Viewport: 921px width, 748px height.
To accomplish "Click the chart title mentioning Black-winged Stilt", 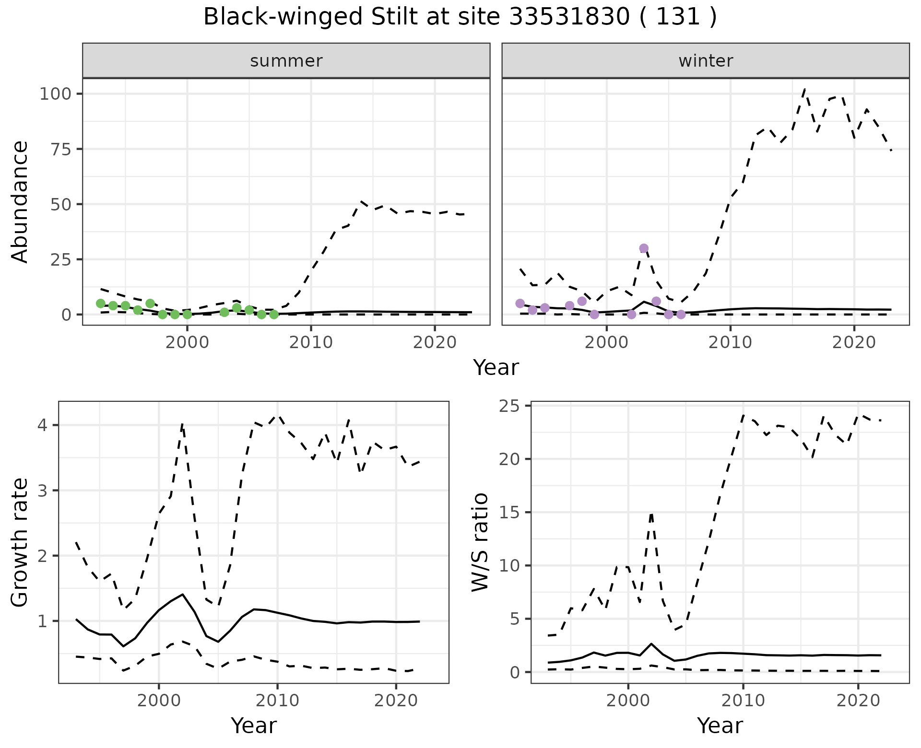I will pyautogui.click(x=460, y=17).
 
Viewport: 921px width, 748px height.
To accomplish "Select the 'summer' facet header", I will pyautogui.click(x=286, y=61).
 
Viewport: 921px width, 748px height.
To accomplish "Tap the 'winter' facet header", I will pyautogui.click(x=706, y=61).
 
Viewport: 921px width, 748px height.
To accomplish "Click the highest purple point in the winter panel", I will pyautogui.click(x=644, y=248).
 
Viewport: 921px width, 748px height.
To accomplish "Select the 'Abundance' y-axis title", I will pyautogui.click(x=20, y=202).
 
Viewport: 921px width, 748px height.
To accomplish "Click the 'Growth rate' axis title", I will pyautogui.click(x=20, y=543).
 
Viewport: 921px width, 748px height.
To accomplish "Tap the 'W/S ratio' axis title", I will pyautogui.click(x=480, y=543).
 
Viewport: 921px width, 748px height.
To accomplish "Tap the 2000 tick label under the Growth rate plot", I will pyautogui.click(x=159, y=701).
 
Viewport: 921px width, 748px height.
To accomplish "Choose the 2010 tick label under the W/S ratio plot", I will pyautogui.click(x=743, y=701).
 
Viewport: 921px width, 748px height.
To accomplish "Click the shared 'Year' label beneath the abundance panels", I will pyautogui.click(x=496, y=368).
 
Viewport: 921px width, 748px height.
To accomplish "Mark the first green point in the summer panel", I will pyautogui.click(x=101, y=304).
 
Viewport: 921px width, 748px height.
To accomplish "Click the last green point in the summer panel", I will pyautogui.click(x=274, y=315).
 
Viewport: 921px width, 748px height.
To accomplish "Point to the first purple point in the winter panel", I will pyautogui.click(x=520, y=304).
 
